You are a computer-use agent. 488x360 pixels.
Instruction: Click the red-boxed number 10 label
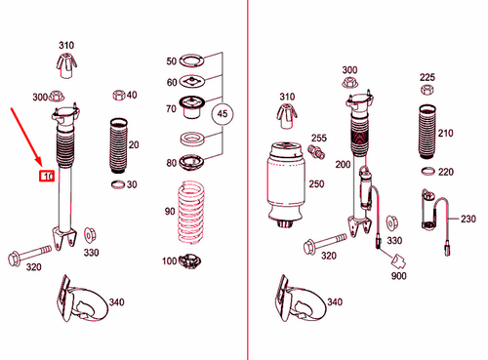coord(46,177)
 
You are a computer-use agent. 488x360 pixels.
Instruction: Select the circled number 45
coord(224,114)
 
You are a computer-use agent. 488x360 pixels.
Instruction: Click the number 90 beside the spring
coord(170,212)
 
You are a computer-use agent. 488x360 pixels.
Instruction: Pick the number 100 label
coord(170,260)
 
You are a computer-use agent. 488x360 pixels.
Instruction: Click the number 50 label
coord(172,61)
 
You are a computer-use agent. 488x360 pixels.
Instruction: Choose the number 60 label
coord(172,83)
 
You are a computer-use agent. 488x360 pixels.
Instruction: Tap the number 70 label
coord(172,108)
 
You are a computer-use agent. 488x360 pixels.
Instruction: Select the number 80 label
coord(172,162)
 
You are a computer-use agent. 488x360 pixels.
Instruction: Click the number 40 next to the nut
coord(132,95)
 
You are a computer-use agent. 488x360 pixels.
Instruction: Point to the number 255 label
coord(318,139)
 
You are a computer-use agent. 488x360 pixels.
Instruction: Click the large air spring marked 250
coord(286,185)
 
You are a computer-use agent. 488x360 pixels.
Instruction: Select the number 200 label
coord(342,165)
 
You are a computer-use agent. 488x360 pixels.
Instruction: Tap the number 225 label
coord(427,77)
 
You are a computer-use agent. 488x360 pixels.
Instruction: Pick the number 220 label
coord(445,172)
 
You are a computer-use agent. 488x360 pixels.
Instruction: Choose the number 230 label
coord(468,220)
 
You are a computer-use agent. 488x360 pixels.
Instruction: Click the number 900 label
coord(398,276)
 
